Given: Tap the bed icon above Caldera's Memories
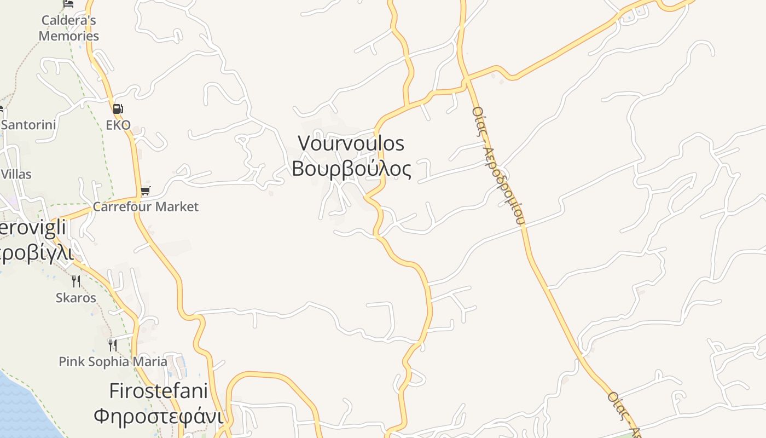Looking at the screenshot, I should click(x=68, y=3).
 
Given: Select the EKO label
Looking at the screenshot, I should click(x=118, y=125).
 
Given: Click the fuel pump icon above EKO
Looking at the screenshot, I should click(x=118, y=108).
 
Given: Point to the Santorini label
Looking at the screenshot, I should click(x=28, y=125).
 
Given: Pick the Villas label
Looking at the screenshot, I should click(x=16, y=175).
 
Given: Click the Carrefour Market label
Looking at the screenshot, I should click(x=146, y=207).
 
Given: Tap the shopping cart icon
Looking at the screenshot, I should click(x=145, y=191).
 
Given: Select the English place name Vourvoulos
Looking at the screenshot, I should click(x=351, y=143).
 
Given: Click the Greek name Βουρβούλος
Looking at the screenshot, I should click(x=351, y=169).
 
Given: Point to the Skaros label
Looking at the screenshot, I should click(x=76, y=298).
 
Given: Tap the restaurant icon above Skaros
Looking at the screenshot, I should click(x=76, y=281).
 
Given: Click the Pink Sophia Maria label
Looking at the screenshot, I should click(x=113, y=362).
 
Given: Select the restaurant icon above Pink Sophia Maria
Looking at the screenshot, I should click(x=112, y=345).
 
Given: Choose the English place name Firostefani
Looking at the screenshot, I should click(x=158, y=391).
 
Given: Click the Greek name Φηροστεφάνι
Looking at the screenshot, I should click(x=158, y=416).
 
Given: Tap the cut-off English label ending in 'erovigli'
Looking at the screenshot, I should click(x=33, y=229).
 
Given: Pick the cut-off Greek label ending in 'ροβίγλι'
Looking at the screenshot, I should click(x=36, y=253).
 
